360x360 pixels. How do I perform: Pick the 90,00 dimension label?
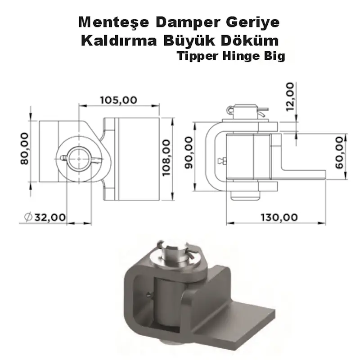[x=189, y=152]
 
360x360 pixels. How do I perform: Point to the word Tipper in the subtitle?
[x=196, y=57]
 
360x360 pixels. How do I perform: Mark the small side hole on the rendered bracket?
[x=148, y=294]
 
